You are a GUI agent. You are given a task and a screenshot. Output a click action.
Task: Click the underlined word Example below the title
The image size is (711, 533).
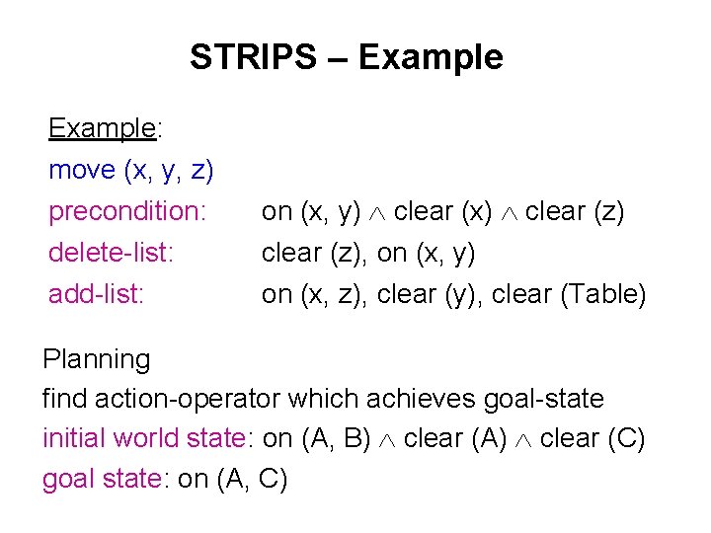102,128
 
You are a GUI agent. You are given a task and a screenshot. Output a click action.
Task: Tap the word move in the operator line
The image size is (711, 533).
82,170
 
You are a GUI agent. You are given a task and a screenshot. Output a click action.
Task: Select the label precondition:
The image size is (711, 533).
127,211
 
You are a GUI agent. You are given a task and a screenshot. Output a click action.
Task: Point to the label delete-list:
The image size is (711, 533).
112,253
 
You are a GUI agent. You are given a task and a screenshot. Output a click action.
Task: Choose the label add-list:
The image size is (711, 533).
97,294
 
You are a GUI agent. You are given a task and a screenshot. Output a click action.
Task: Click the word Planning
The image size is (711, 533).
97,359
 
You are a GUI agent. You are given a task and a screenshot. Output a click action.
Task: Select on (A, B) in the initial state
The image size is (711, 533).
318,438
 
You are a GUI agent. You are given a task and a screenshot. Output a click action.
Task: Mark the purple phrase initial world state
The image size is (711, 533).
142,438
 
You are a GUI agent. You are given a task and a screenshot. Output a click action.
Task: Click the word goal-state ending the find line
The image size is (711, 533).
543,399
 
